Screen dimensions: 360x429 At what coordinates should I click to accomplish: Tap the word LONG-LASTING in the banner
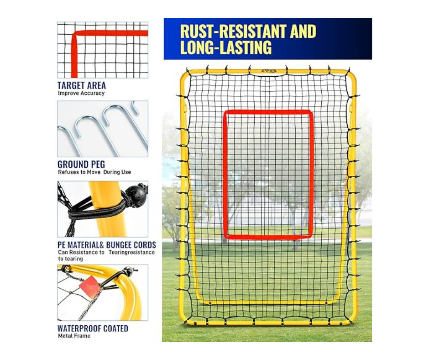[x=225, y=48]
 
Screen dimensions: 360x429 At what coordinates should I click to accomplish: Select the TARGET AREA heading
[x=81, y=85]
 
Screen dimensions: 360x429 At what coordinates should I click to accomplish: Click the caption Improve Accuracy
[x=81, y=93]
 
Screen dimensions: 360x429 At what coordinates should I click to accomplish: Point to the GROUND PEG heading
[x=81, y=164]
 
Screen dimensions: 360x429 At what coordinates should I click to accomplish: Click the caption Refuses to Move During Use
[x=94, y=172]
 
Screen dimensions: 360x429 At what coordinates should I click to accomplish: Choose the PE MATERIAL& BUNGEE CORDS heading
[x=106, y=245]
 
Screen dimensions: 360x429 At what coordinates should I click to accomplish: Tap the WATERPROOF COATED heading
[x=93, y=328]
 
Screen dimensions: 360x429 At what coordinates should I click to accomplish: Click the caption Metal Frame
[x=74, y=336]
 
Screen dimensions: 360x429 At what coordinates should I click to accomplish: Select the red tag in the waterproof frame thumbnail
[x=89, y=286]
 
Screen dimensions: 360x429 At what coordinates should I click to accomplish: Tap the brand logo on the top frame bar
[x=269, y=71]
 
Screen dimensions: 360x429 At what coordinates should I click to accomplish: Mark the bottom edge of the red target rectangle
[x=268, y=237]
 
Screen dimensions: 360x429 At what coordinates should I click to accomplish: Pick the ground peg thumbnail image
[x=103, y=129]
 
